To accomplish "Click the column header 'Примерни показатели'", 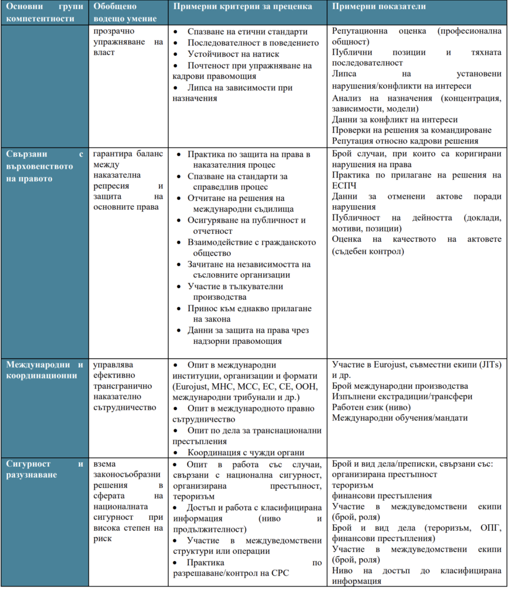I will [379, 6].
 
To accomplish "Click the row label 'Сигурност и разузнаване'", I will [46, 469].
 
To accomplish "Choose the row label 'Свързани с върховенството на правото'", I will [46, 166].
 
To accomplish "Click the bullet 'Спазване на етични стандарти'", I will [247, 32].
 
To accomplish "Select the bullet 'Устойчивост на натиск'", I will [231, 54].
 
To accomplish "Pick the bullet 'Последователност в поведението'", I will [253, 43].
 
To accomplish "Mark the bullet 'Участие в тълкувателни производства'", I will [236, 292].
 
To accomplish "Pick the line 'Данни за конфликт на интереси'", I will [395, 119].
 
